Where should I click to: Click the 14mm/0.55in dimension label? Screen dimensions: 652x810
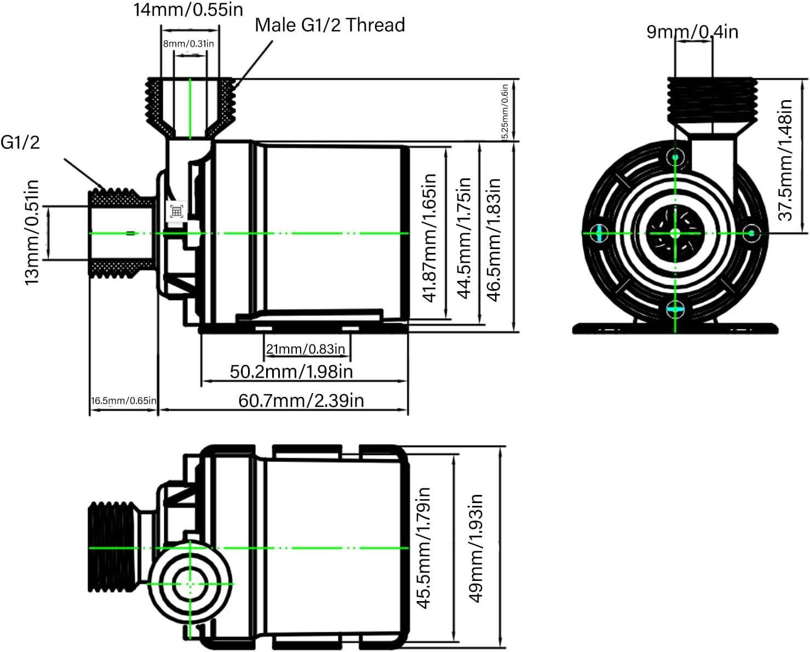(x=188, y=10)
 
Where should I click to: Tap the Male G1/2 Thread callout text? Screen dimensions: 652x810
(x=330, y=25)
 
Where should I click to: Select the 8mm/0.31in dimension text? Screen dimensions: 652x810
(x=188, y=44)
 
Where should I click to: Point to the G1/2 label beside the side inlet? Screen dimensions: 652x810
(x=20, y=142)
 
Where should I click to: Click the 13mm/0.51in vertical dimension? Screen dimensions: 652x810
(x=32, y=232)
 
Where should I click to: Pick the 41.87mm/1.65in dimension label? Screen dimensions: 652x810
(x=429, y=238)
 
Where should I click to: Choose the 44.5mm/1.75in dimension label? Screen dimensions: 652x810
(x=464, y=238)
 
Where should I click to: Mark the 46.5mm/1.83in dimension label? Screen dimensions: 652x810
(x=494, y=239)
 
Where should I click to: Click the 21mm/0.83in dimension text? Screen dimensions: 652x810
(x=306, y=349)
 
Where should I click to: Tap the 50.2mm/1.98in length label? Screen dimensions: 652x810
(x=291, y=372)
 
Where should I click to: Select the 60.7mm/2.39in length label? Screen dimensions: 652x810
(x=301, y=401)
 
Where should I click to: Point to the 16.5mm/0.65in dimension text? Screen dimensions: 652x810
(x=124, y=401)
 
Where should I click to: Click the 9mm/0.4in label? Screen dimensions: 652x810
(x=692, y=31)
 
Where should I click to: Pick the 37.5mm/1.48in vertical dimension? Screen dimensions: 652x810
(x=785, y=160)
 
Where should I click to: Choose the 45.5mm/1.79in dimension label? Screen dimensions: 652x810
(x=423, y=548)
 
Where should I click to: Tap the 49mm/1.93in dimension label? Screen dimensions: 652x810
(x=475, y=548)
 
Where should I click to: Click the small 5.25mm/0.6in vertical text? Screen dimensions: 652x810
(x=505, y=111)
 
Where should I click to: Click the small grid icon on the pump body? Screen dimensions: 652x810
(x=176, y=211)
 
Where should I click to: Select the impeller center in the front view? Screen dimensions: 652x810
(x=675, y=233)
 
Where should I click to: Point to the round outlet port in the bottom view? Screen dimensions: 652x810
(x=190, y=585)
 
